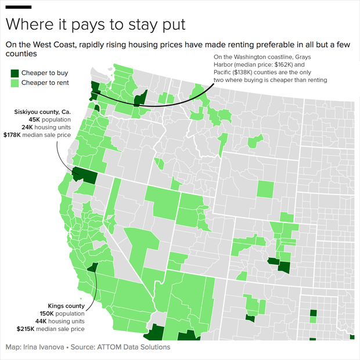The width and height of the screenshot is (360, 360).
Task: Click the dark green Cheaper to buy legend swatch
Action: tap(15, 73)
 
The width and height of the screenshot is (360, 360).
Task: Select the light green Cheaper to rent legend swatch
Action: tap(15, 84)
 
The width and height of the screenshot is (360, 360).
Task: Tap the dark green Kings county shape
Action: tap(92, 268)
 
